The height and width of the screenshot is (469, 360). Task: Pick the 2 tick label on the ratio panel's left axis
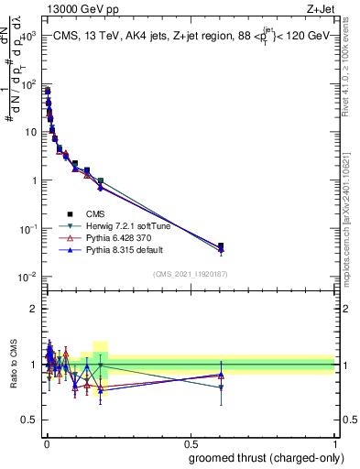coord(35,309)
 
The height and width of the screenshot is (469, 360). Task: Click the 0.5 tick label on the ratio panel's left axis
coord(30,420)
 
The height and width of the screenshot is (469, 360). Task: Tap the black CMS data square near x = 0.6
coord(220,245)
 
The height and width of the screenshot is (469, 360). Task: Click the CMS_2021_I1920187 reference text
coord(190,273)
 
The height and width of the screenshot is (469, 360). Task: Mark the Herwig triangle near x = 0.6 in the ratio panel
coord(220,387)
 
